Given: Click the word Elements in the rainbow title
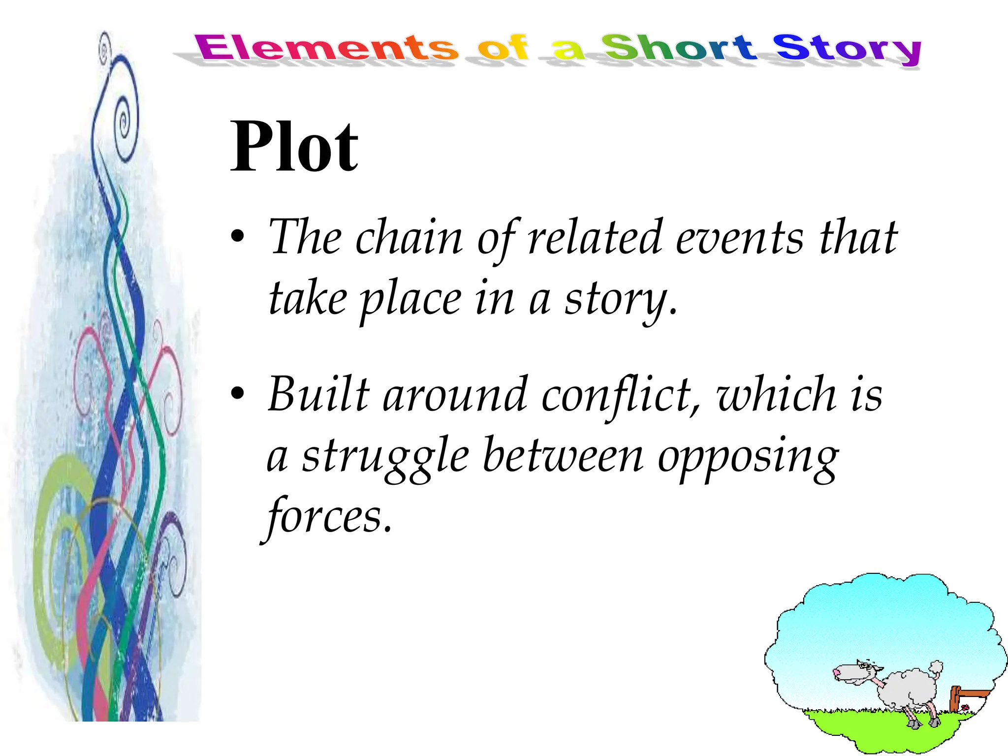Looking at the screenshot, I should [326, 48].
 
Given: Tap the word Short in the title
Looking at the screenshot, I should [678, 48].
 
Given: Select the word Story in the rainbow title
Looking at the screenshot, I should [847, 49].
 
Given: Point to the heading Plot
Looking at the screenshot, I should [294, 146].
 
